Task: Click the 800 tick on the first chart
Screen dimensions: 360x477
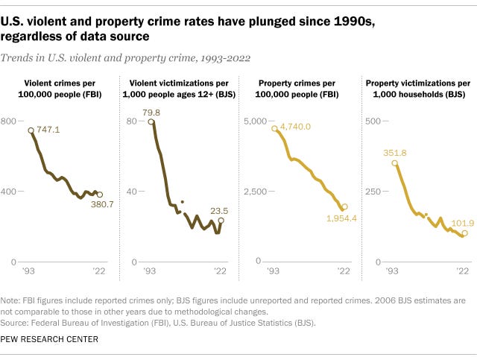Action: click(9, 121)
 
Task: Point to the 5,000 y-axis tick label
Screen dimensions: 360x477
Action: click(255, 121)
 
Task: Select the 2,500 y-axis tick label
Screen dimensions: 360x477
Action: click(255, 192)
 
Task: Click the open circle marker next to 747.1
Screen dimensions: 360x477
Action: click(31, 130)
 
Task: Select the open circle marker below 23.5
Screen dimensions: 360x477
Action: click(221, 221)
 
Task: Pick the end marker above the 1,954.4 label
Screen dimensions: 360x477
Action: click(344, 207)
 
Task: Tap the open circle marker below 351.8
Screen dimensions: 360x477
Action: click(395, 162)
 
